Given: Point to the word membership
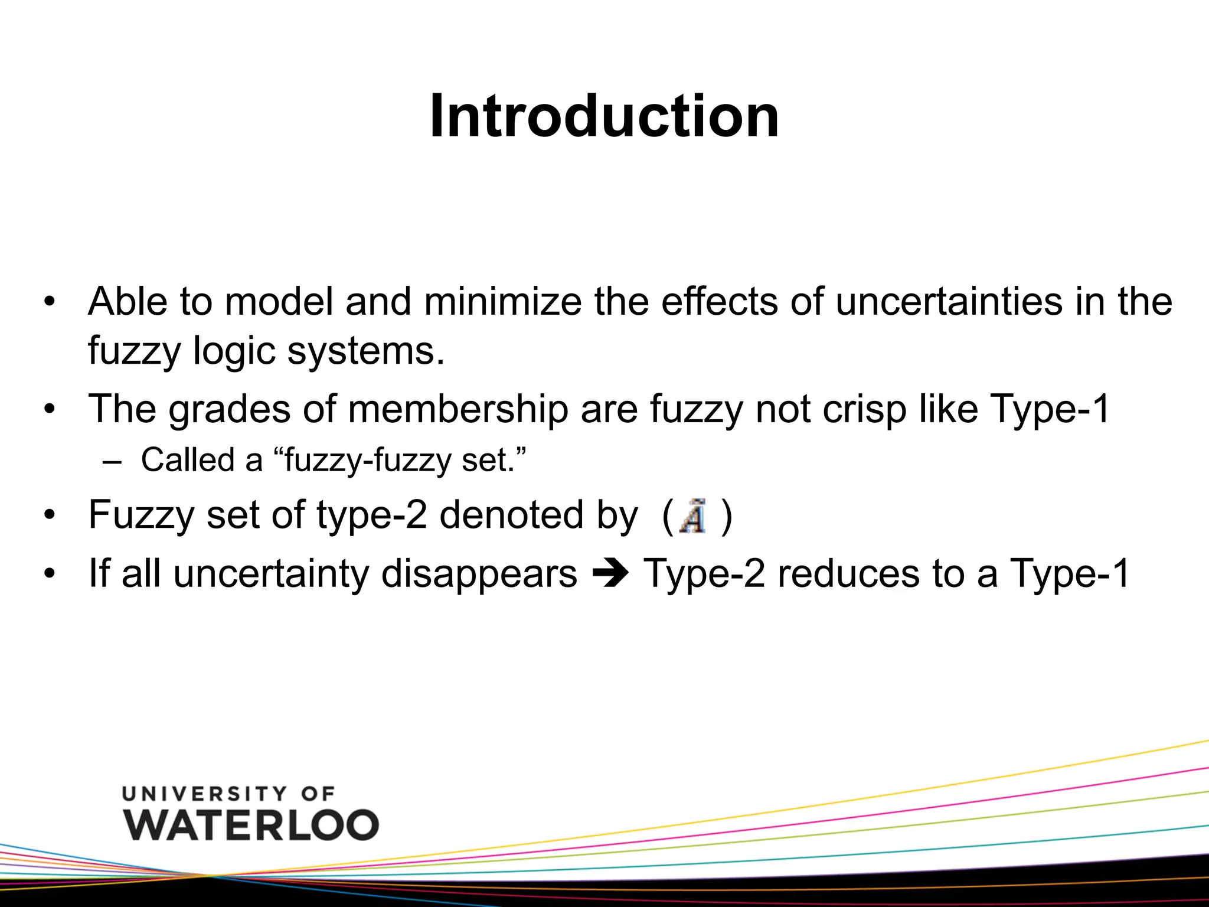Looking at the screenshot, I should coord(458,409).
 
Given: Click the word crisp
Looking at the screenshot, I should coord(864,409).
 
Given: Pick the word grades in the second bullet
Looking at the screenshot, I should coord(230,409).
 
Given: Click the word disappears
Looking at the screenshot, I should coord(479,574).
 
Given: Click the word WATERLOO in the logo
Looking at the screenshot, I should coord(251,825).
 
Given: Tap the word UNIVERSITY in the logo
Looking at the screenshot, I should coord(204,794).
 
